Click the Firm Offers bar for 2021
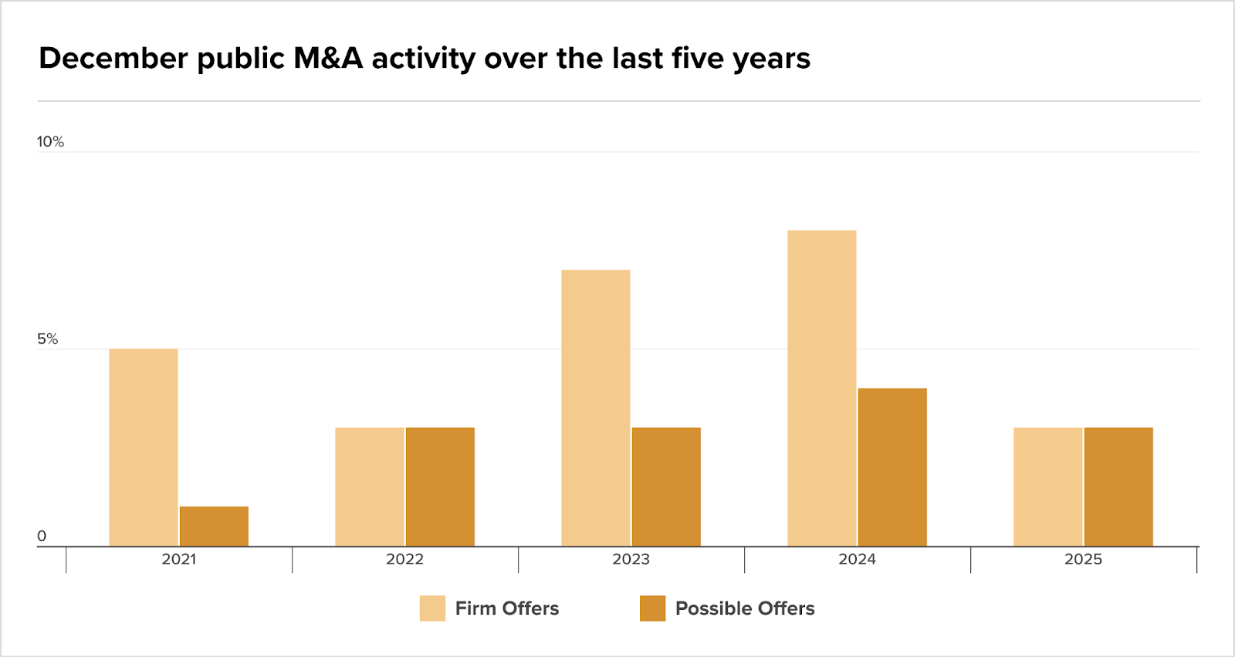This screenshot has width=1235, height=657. point(144,447)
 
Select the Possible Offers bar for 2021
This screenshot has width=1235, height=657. point(214,527)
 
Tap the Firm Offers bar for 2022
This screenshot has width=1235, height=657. point(370,487)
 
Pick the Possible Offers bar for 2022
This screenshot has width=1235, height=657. point(440,487)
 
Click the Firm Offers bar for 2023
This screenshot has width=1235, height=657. point(595,408)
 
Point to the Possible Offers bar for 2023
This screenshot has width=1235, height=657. point(666,487)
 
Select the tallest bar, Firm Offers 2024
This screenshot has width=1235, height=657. point(821,388)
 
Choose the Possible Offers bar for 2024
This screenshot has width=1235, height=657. point(892,467)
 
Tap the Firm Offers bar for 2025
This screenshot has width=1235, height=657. point(1047,487)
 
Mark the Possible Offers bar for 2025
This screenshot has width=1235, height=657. point(1118,487)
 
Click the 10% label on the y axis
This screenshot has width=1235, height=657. point(50,142)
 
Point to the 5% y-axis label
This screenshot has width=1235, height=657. point(47,339)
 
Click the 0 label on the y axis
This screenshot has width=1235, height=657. point(42,536)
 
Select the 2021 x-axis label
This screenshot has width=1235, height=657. point(178,560)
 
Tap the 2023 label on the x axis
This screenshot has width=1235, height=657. point(631,560)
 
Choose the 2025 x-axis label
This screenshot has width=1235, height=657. point(1083,560)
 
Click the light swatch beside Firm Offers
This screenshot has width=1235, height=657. point(432,608)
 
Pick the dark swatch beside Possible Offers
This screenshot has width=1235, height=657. point(652,608)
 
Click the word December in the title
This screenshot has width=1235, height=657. point(113,59)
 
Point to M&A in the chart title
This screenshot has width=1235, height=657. point(328,59)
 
